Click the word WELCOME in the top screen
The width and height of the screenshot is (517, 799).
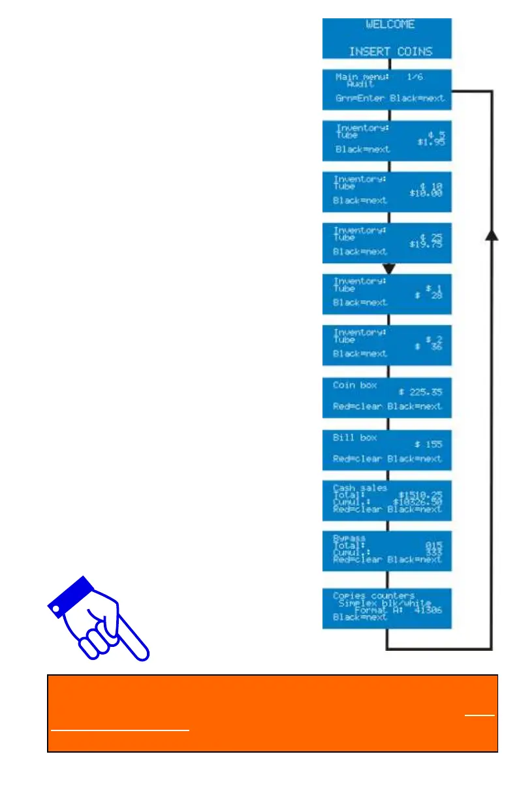(x=390, y=25)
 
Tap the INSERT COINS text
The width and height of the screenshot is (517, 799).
(x=390, y=51)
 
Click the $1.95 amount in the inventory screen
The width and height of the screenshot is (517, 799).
(x=431, y=141)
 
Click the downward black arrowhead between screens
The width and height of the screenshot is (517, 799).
(x=389, y=268)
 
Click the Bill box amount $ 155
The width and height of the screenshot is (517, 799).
(x=428, y=444)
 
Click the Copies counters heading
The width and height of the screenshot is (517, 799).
(x=373, y=595)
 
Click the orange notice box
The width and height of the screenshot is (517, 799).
(x=273, y=713)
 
